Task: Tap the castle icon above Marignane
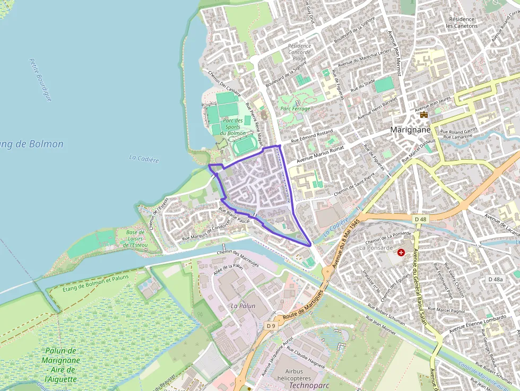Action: (423, 115)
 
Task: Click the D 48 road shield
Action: (420, 219)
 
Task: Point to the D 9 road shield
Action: (271, 325)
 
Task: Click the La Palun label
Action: (243, 306)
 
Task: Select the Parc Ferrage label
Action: (295, 109)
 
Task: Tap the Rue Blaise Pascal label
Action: (234, 214)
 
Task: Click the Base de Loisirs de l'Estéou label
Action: (135, 239)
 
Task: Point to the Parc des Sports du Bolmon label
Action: (232, 127)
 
